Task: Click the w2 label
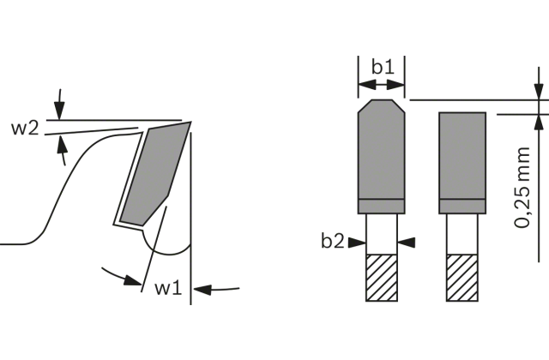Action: click(x=25, y=129)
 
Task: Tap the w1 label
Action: click(x=168, y=288)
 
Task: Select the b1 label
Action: click(x=383, y=67)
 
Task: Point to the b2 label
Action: click(x=333, y=241)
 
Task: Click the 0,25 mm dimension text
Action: click(x=522, y=188)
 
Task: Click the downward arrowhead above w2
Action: click(x=59, y=111)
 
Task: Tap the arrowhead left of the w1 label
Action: click(x=133, y=280)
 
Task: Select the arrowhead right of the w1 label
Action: click(x=202, y=290)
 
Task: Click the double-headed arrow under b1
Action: click(x=381, y=85)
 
